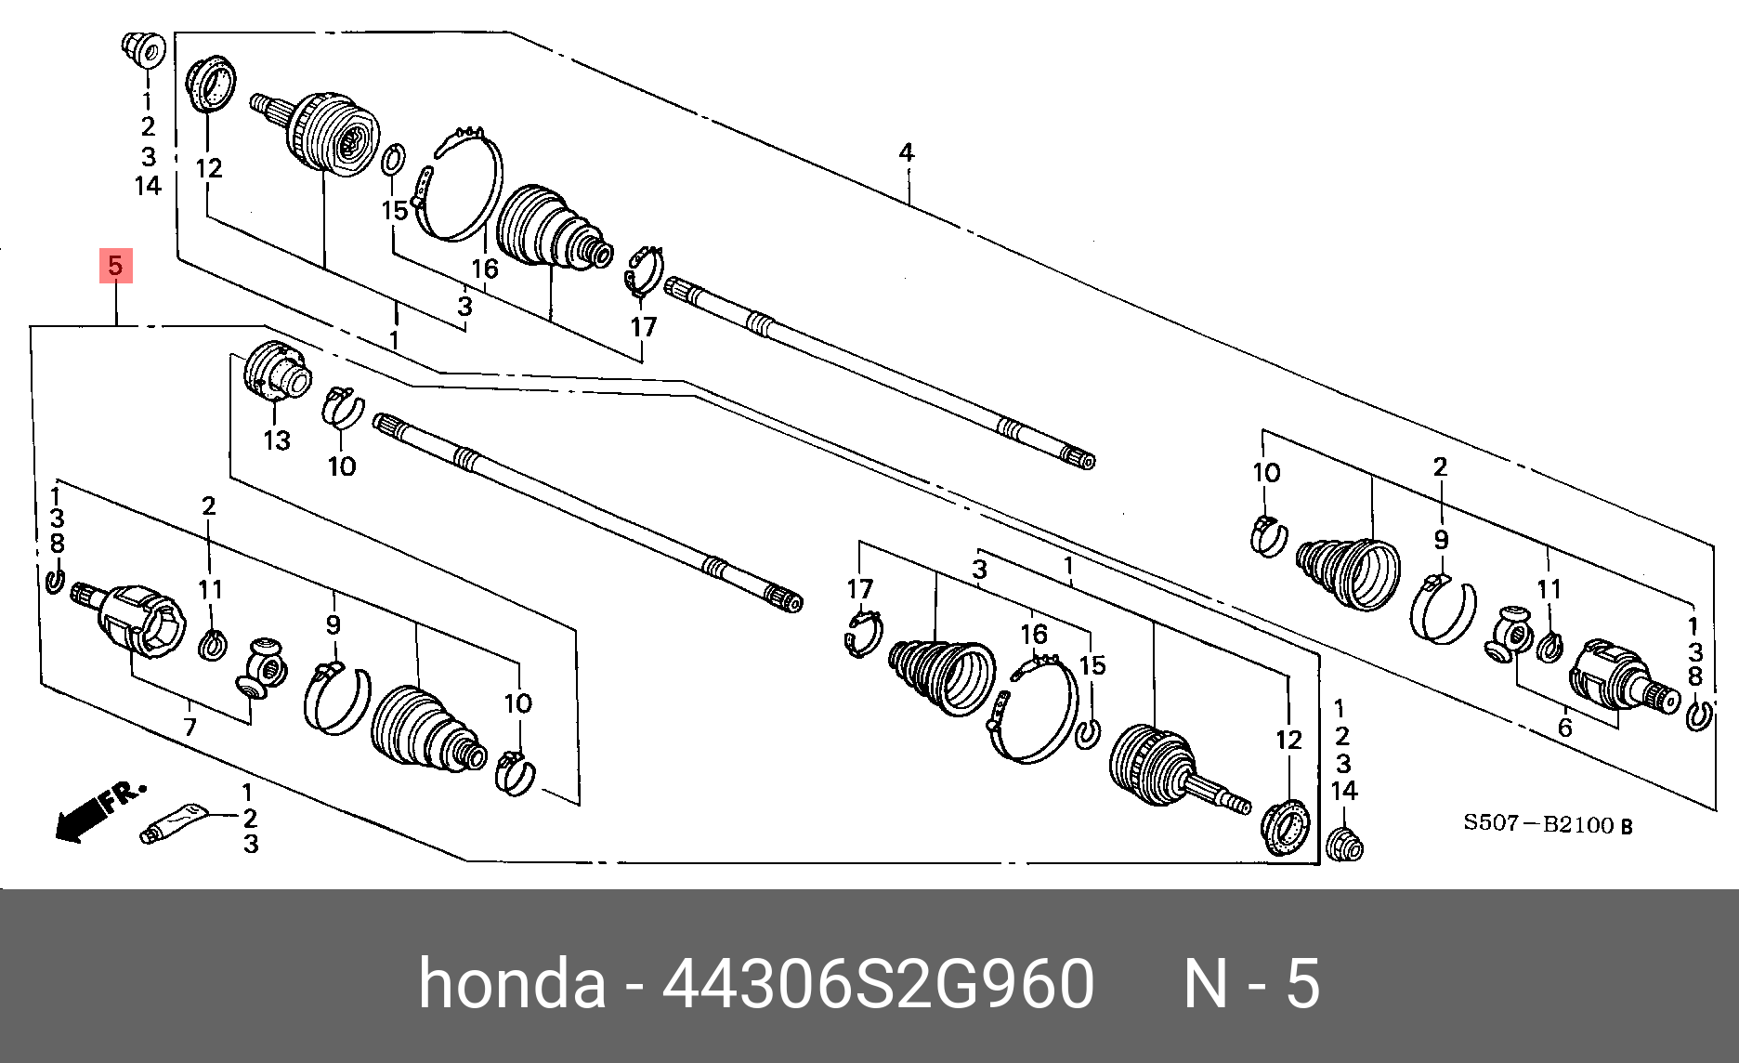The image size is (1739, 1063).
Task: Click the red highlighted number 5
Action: (115, 266)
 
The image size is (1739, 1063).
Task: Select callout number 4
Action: (906, 152)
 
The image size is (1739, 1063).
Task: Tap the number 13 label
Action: (277, 440)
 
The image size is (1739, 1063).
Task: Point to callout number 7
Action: (190, 726)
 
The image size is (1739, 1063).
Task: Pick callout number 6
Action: (1565, 728)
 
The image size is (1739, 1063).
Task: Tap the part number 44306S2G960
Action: (878, 983)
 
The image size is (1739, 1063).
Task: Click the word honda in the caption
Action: (512, 983)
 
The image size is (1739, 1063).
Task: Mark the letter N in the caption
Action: (1206, 983)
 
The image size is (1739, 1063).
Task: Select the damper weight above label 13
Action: (277, 372)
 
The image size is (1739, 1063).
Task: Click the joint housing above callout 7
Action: (139, 621)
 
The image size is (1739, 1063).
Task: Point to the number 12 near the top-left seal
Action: (209, 168)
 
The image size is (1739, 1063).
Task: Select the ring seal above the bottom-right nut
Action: (1286, 826)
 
